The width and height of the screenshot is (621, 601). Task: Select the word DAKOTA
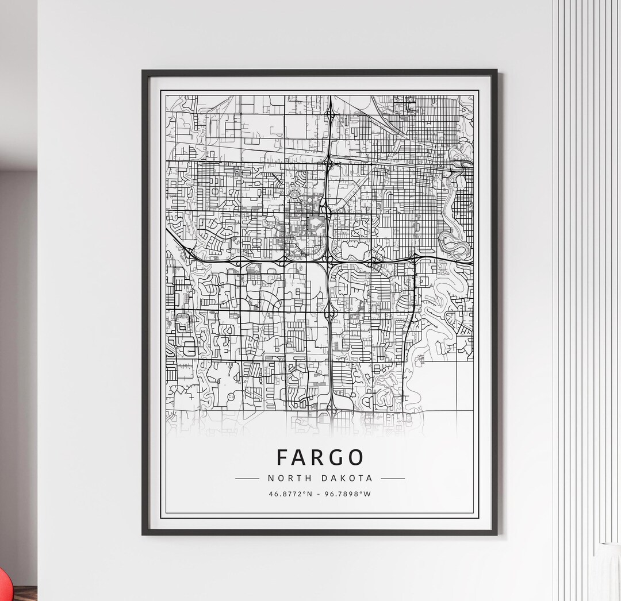coord(347,478)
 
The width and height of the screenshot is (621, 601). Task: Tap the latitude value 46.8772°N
coord(289,494)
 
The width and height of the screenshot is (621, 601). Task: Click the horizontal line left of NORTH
coord(247,478)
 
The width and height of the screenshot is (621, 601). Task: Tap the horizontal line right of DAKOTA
coord(393,478)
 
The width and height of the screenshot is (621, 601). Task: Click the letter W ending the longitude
coord(369,494)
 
